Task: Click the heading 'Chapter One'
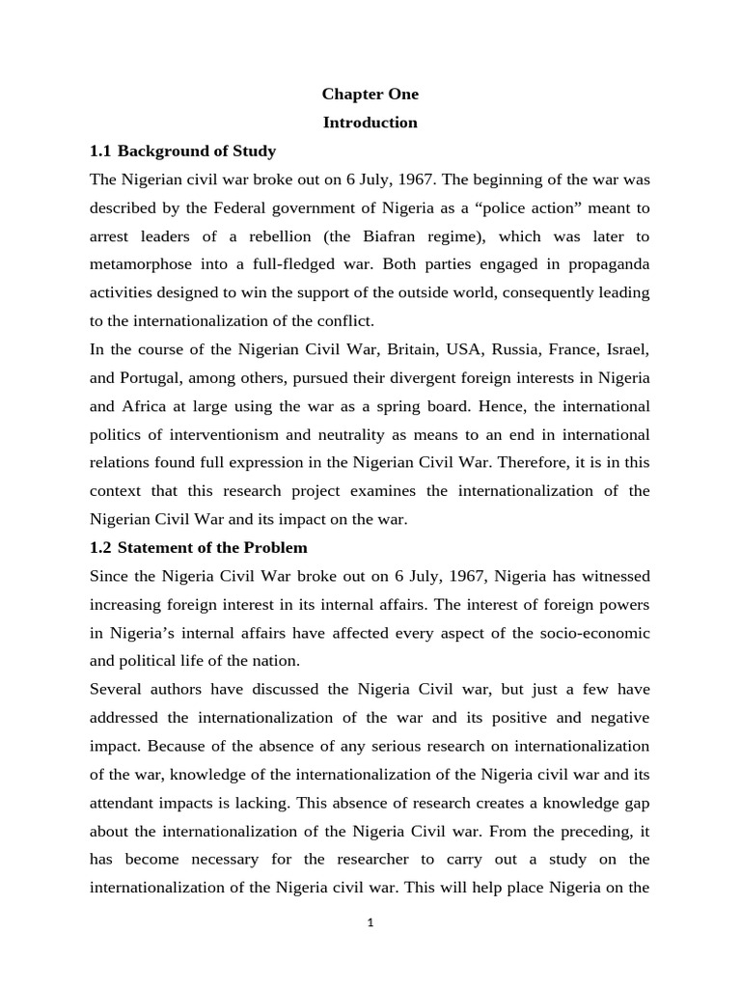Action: coord(370,95)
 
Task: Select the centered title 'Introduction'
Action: coord(370,123)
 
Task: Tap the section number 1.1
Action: coord(101,151)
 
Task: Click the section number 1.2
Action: coord(101,548)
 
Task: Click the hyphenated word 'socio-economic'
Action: coord(591,633)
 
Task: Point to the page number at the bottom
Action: coord(370,923)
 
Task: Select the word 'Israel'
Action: coord(628,349)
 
